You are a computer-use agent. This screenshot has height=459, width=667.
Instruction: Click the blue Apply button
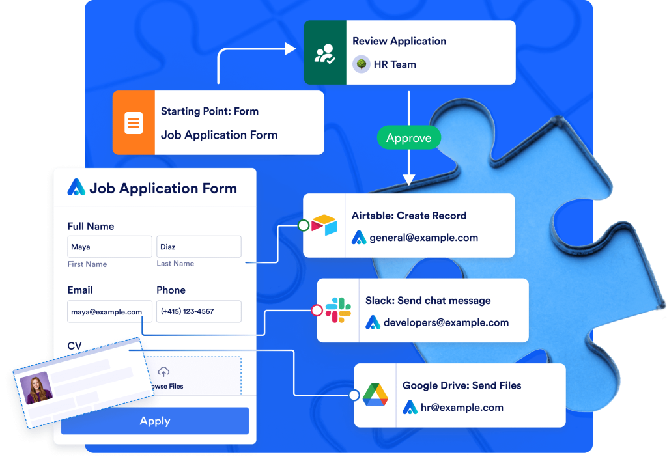tap(155, 421)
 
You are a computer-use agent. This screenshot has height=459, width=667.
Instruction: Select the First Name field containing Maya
tap(109, 247)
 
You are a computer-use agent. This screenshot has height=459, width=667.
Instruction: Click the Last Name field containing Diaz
tap(199, 247)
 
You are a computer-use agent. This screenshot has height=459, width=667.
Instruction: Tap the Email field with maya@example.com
tap(109, 311)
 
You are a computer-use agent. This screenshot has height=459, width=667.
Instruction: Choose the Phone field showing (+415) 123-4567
tap(199, 311)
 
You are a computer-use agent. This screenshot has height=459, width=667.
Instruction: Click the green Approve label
tap(408, 138)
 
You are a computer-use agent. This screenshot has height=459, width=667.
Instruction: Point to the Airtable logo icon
tap(324, 225)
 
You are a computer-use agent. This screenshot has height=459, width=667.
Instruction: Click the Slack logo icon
tap(338, 310)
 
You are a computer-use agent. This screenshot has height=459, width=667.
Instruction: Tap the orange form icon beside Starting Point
tap(134, 122)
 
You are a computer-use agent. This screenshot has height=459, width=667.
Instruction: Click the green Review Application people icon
tap(325, 53)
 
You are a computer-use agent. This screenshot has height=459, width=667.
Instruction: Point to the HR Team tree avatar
tap(361, 64)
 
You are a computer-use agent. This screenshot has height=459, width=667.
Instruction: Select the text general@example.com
tap(423, 238)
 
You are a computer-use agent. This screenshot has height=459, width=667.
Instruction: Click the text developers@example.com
tap(446, 322)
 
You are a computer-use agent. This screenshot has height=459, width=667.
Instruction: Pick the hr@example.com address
tap(462, 408)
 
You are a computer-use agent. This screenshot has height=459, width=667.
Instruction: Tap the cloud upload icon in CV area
tap(163, 372)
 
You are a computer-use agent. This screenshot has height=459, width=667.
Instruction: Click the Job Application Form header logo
tap(76, 188)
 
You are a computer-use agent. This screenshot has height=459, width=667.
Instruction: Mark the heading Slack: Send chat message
tap(428, 301)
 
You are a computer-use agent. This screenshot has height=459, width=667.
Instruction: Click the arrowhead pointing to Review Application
tap(291, 48)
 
